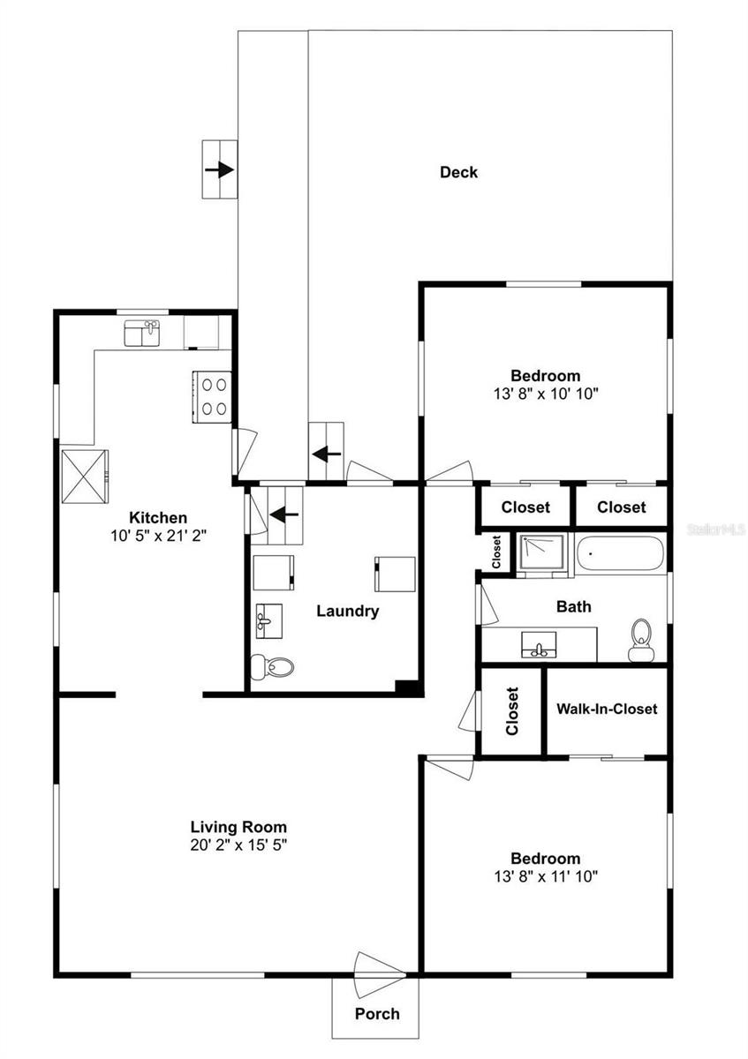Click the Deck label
[458, 172]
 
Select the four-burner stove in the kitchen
[213, 396]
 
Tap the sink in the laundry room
[267, 621]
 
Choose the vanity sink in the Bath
[537, 645]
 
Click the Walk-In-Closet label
[606, 709]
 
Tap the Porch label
[377, 1013]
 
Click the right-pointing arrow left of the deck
[219, 169]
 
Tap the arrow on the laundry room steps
[285, 514]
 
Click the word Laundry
[347, 611]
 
